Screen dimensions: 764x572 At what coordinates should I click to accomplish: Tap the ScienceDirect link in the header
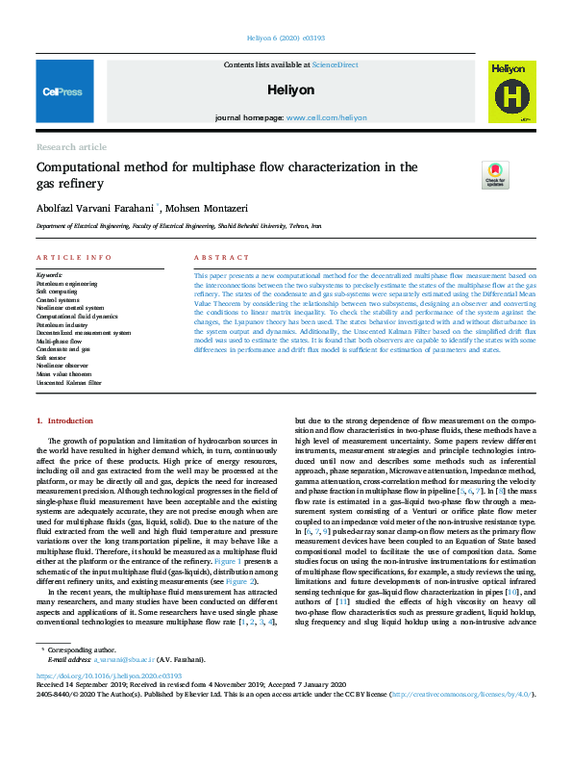coord(334,64)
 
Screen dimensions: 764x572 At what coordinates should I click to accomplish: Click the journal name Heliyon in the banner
coord(291,89)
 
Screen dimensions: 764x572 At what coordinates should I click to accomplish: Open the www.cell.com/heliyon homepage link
coord(327,116)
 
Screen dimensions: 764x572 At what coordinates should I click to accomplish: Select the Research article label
coord(71,147)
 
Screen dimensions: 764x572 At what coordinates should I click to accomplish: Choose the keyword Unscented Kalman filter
coord(70,383)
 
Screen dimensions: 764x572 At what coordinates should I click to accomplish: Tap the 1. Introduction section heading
coord(65,421)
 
